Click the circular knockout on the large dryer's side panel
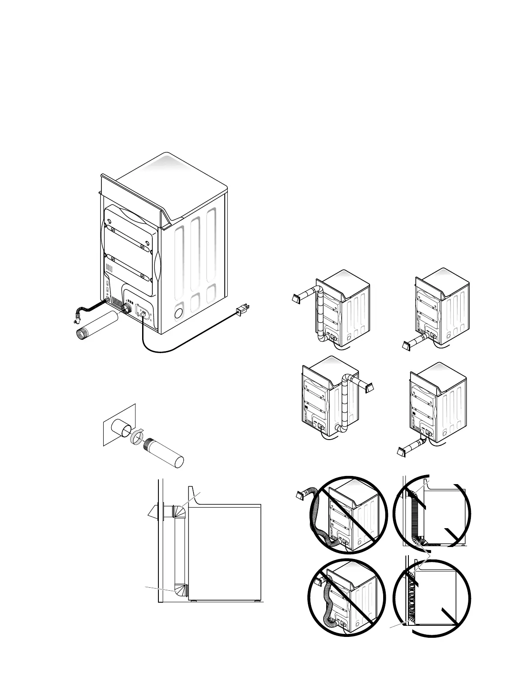pyautogui.click(x=179, y=313)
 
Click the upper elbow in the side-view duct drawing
pyautogui.click(x=179, y=511)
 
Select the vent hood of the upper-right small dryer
pyautogui.click(x=407, y=346)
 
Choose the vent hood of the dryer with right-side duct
pyautogui.click(x=369, y=388)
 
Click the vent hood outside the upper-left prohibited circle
pyautogui.click(x=301, y=496)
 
